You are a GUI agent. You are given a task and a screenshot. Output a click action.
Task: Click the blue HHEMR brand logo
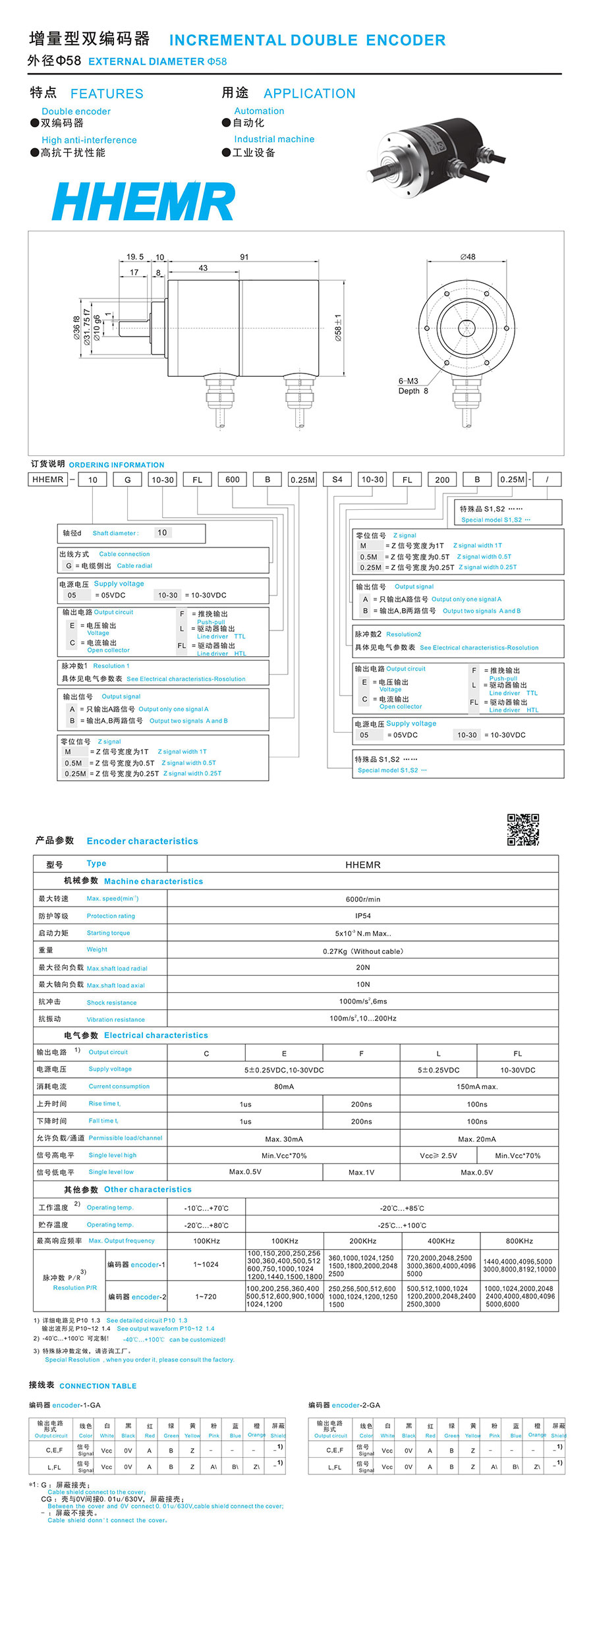[143, 201]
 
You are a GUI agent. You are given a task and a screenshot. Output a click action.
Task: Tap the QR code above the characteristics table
[522, 829]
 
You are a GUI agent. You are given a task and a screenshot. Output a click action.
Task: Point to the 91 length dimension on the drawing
[244, 257]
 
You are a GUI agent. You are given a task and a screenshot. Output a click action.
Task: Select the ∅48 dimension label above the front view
[468, 257]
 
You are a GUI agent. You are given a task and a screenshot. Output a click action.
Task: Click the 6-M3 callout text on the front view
[408, 381]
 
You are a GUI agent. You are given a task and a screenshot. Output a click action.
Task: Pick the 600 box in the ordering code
[233, 480]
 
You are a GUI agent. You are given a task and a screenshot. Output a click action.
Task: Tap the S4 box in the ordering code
[337, 480]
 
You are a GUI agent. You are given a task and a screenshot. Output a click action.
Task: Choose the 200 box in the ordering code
[442, 480]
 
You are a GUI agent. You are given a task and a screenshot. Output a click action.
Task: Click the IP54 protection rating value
[362, 916]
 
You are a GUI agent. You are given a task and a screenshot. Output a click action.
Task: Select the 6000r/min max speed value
[362, 899]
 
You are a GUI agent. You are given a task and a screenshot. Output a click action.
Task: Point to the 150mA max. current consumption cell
[477, 1086]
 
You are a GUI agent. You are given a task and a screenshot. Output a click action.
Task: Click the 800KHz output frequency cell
[519, 1241]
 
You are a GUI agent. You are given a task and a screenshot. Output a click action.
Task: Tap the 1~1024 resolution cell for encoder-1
[206, 1264]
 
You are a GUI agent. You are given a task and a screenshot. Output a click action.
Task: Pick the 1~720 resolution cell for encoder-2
[206, 1297]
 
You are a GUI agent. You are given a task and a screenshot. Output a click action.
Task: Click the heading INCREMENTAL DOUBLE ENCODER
[307, 40]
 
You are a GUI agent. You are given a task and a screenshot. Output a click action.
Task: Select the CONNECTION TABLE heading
[98, 1385]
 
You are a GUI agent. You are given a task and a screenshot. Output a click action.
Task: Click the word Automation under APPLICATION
[259, 111]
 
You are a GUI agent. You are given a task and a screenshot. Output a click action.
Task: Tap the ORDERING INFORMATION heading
[117, 464]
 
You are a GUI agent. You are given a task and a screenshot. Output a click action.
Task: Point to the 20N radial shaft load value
[362, 967]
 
